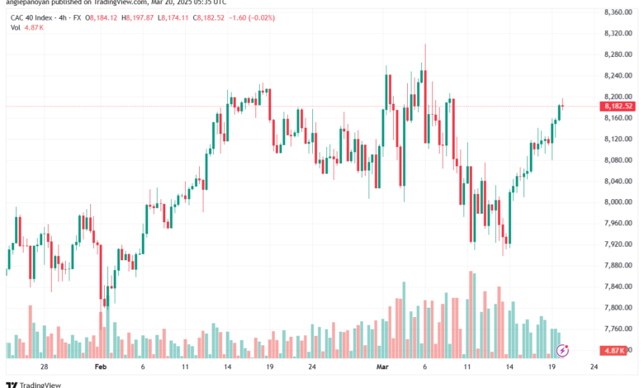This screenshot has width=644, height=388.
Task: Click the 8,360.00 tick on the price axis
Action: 618,12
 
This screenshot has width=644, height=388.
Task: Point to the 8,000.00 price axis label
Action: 618,202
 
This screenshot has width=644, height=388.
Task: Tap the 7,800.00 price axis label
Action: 618,308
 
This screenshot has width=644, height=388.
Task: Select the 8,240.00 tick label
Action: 618,76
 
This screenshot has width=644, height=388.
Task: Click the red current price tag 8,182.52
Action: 618,106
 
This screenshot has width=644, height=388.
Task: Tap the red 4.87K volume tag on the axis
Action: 613,351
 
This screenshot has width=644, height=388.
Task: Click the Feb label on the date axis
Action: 101,367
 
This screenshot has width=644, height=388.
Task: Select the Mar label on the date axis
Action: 382,367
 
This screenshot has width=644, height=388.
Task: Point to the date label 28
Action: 44,367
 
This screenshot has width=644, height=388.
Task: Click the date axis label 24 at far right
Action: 594,367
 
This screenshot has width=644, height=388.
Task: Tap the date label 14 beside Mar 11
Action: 509,367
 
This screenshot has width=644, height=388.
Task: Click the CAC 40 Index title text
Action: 31,17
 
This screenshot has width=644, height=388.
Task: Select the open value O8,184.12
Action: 101,17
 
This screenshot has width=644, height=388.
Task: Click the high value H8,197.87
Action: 138,17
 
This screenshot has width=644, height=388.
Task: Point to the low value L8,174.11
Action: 173,17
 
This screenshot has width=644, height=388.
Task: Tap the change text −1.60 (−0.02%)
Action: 252,17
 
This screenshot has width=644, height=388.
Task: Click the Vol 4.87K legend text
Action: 27,27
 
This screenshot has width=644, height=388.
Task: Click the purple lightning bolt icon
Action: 562,351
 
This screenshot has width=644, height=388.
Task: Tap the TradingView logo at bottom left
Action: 33,385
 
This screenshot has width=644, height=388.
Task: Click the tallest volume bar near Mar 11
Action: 471,315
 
